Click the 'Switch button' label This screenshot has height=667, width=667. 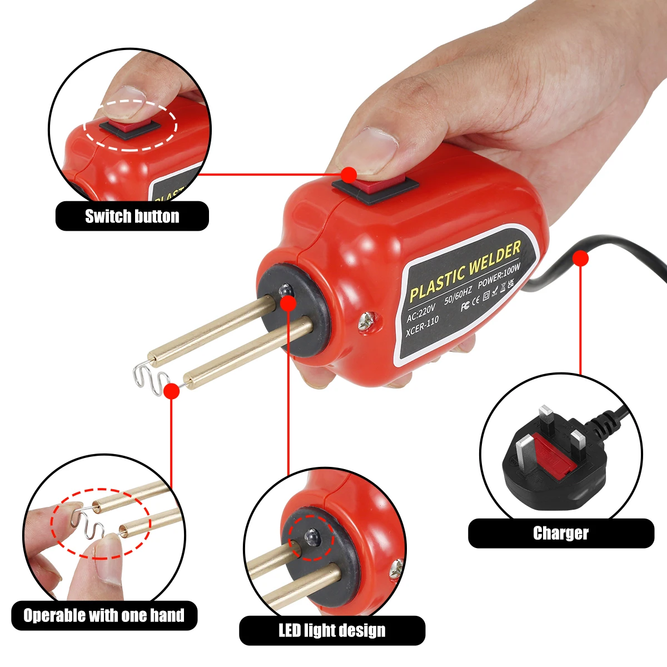pos(132,216)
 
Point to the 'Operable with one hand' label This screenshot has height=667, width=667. pos(104,615)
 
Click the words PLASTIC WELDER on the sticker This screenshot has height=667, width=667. pos(465,272)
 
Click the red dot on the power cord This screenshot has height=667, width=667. pos(580,258)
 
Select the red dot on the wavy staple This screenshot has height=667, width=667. pos(172,391)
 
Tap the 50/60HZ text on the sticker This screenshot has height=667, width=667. pos(458,295)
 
